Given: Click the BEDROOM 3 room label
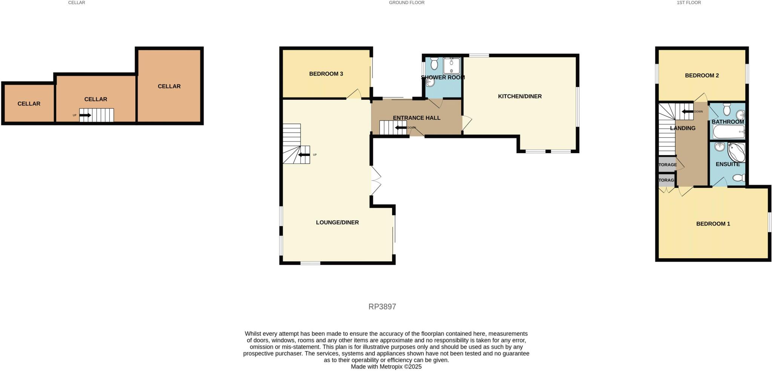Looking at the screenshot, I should (x=326, y=74).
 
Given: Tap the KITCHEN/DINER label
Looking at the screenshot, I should (x=519, y=96).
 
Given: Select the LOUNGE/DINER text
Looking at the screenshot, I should (x=337, y=223).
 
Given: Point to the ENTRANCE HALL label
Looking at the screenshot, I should (x=416, y=118).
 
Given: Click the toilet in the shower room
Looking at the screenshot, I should (x=434, y=64).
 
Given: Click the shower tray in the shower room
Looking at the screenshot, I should (x=451, y=66).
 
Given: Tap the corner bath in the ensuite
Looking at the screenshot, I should (x=736, y=152).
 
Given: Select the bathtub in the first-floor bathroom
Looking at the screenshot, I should (x=728, y=132).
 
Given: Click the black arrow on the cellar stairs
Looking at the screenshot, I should (x=85, y=115).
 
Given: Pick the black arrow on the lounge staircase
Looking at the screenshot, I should (x=304, y=155).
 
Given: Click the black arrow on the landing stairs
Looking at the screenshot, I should (x=687, y=111).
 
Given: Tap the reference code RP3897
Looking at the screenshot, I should (x=382, y=306).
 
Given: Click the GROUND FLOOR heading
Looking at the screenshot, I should (x=406, y=3).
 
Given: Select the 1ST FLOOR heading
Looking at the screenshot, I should (x=688, y=3).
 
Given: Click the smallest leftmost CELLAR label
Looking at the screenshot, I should (x=29, y=104).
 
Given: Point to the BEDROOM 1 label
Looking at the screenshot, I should (x=712, y=224).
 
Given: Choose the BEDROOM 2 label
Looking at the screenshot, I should (x=702, y=75).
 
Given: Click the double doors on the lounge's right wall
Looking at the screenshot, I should (x=375, y=181).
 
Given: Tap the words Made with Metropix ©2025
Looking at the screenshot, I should (x=386, y=366).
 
